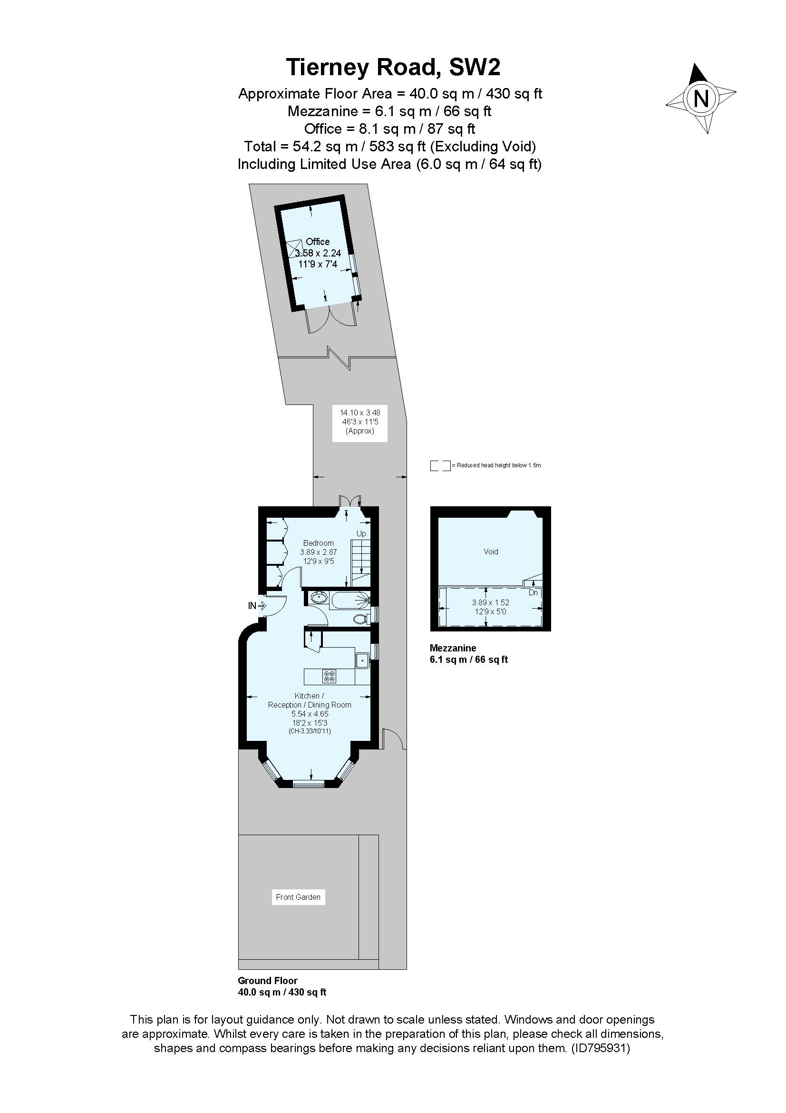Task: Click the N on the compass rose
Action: click(701, 99)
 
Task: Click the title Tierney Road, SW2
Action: click(393, 68)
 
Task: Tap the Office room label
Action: click(317, 241)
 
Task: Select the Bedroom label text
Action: click(318, 543)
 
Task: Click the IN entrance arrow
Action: click(262, 605)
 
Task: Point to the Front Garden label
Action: click(298, 897)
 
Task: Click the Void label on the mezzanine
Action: click(491, 552)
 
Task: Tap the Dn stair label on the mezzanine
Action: click(533, 592)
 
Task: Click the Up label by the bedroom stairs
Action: click(361, 533)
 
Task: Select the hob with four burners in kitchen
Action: click(330, 676)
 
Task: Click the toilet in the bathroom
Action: click(360, 619)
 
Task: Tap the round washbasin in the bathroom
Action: click(318, 598)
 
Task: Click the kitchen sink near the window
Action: click(362, 660)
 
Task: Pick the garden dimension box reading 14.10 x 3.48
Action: click(360, 421)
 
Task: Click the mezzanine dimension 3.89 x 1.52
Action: click(491, 602)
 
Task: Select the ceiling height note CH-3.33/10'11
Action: click(310, 731)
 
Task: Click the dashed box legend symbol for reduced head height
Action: click(440, 465)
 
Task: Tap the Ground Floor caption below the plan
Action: click(267, 980)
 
